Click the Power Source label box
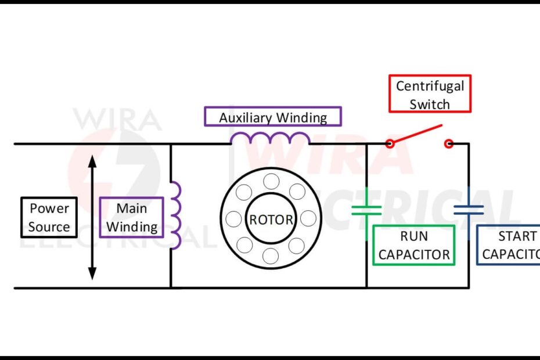(x=49, y=218)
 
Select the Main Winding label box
(x=131, y=218)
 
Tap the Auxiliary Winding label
(x=272, y=117)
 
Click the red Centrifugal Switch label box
(x=430, y=94)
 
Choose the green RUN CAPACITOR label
(x=413, y=245)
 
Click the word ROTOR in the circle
(x=271, y=220)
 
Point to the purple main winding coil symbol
(x=175, y=215)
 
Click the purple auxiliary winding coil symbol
(x=271, y=138)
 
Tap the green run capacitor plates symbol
(x=366, y=210)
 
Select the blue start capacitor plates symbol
(x=469, y=210)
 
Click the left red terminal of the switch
(x=390, y=143)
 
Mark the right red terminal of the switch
(x=448, y=143)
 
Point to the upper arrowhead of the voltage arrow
(x=92, y=160)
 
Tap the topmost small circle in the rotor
(x=271, y=182)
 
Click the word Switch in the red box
(x=430, y=105)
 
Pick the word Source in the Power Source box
(x=49, y=227)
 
